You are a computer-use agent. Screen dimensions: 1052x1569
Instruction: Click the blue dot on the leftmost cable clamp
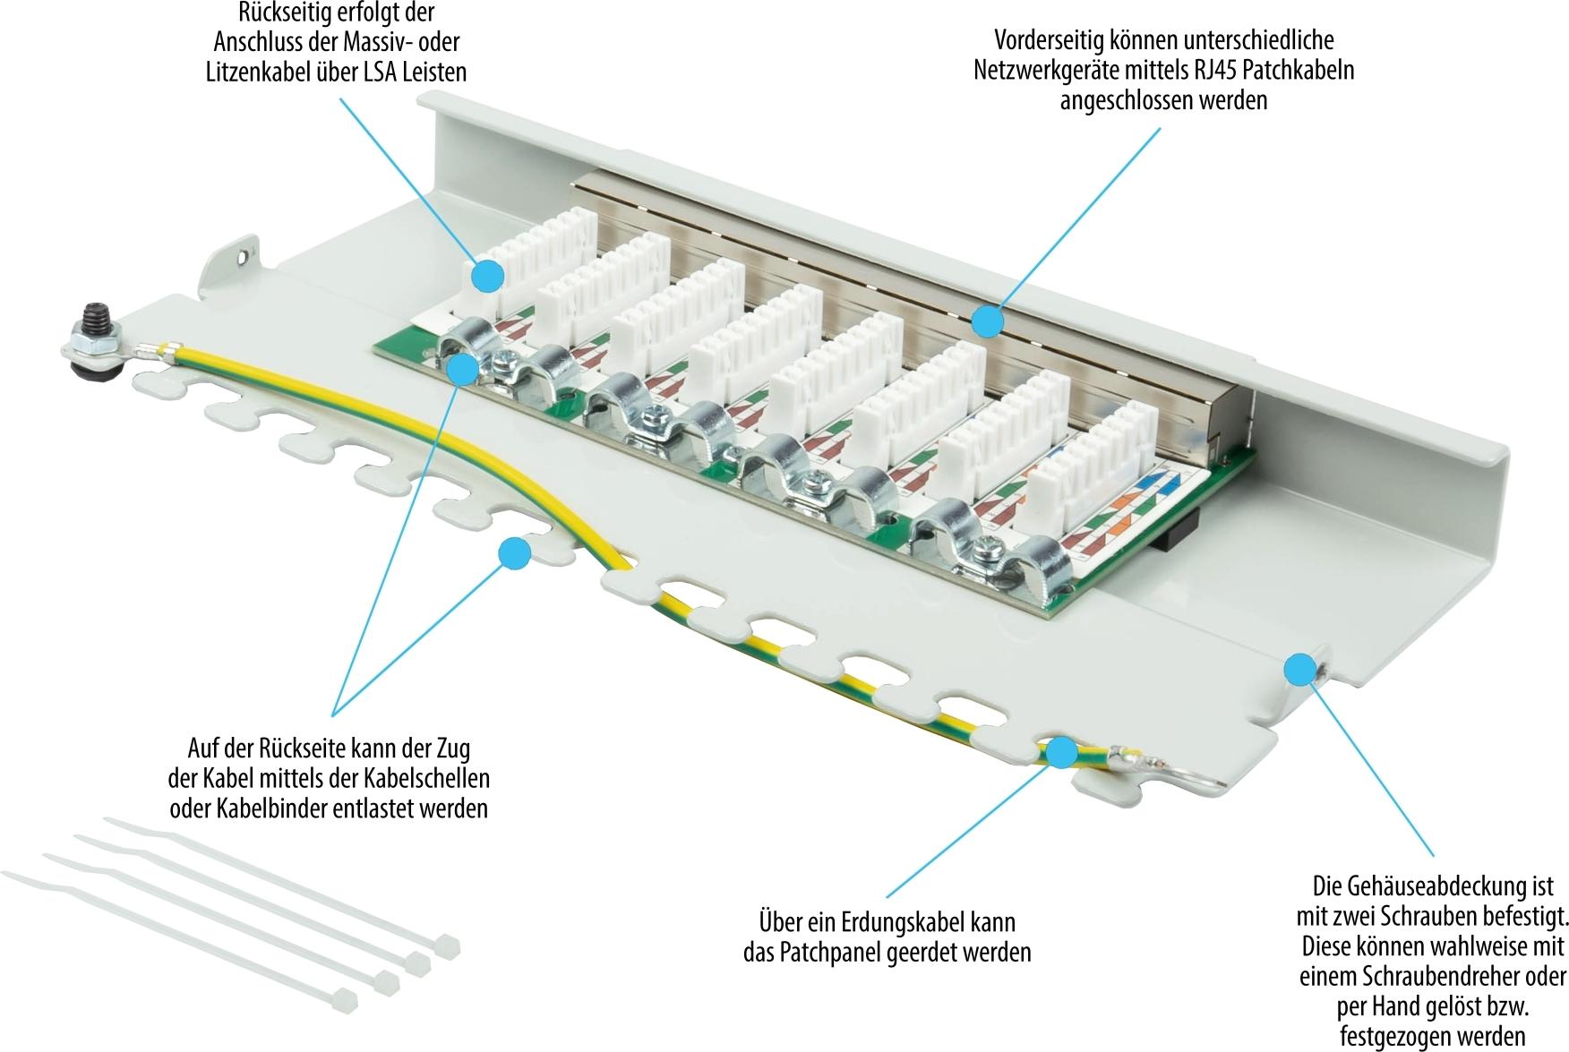(462, 368)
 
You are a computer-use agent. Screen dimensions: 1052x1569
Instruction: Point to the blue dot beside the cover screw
(1299, 668)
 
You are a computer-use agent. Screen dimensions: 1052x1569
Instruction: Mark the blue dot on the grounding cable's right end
(1062, 752)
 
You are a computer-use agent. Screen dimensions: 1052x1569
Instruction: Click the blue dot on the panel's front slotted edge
(514, 553)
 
